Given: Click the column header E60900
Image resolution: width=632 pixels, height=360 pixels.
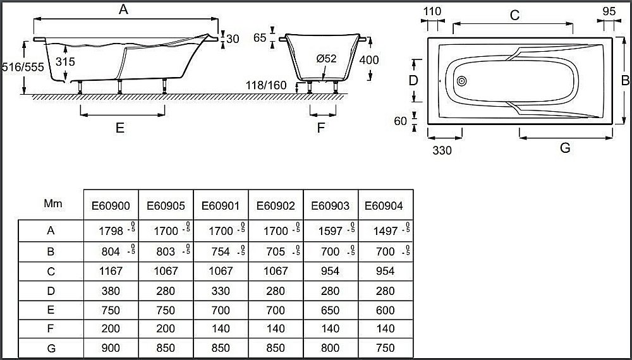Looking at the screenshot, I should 111,205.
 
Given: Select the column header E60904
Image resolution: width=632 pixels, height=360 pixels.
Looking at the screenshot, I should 384,205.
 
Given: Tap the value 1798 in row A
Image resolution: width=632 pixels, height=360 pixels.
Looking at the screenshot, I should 102,231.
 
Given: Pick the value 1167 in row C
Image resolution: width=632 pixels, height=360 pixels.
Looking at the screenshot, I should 111,271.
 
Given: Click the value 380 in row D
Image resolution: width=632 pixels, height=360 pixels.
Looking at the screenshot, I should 111,291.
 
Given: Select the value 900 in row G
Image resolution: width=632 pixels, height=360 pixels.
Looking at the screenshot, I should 111,347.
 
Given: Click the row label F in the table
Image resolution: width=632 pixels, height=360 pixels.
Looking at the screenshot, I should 51,328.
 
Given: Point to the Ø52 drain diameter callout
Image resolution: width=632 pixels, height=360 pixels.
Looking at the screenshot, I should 326,59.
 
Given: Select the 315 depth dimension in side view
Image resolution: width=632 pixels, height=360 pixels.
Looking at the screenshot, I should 65,61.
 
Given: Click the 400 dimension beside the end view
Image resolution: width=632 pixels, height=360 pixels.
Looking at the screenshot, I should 368,60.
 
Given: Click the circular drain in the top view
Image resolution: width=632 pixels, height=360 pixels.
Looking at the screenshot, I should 461,81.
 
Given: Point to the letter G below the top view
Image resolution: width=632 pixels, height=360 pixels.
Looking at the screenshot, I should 565,148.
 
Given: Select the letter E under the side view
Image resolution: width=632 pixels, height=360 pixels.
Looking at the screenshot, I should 120,128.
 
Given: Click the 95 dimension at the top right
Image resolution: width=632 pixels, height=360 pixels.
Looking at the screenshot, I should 609,12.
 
